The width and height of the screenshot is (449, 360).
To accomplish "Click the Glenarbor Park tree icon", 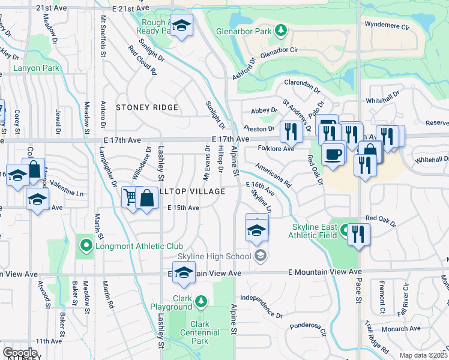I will (x=281, y=31).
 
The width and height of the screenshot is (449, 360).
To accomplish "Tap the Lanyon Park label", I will (x=37, y=68).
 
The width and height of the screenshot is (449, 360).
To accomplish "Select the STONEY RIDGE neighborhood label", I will (x=147, y=107).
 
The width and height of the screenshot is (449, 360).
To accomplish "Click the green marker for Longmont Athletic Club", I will (x=86, y=245).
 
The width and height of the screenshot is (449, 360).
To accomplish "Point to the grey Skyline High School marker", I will (x=260, y=256).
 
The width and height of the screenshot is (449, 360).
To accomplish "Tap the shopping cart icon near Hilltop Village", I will (x=130, y=197).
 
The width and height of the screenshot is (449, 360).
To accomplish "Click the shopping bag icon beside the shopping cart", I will (x=146, y=197).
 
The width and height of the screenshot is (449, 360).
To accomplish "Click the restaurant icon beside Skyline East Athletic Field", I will (x=358, y=233).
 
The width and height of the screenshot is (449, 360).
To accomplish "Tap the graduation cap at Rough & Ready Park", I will (x=182, y=25).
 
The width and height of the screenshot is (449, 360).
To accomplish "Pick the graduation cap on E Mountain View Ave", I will (x=184, y=272).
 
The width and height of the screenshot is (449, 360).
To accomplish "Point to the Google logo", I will (x=20, y=353).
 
